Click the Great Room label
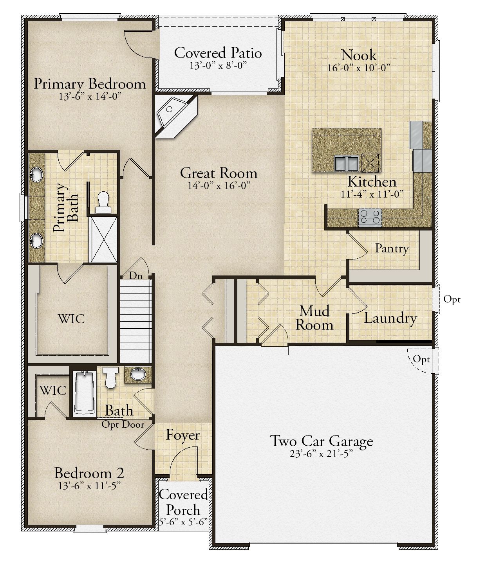coord(219,173)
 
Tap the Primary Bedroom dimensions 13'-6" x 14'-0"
coord(90,96)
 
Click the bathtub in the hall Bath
coord(85,392)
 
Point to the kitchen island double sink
coord(347,163)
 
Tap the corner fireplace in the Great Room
coord(175,115)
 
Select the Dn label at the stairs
coord(136,275)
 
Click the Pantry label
coord(392,249)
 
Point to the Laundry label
coord(390,319)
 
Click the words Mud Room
coord(314,318)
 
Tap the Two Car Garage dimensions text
coord(321,454)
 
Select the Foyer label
coord(183,435)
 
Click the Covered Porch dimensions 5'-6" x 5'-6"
coord(183,522)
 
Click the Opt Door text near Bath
coord(123,425)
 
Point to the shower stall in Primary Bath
coord(104,239)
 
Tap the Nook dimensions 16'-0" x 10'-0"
coord(359,68)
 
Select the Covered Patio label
coord(218,53)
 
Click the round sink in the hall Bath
coord(138,374)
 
